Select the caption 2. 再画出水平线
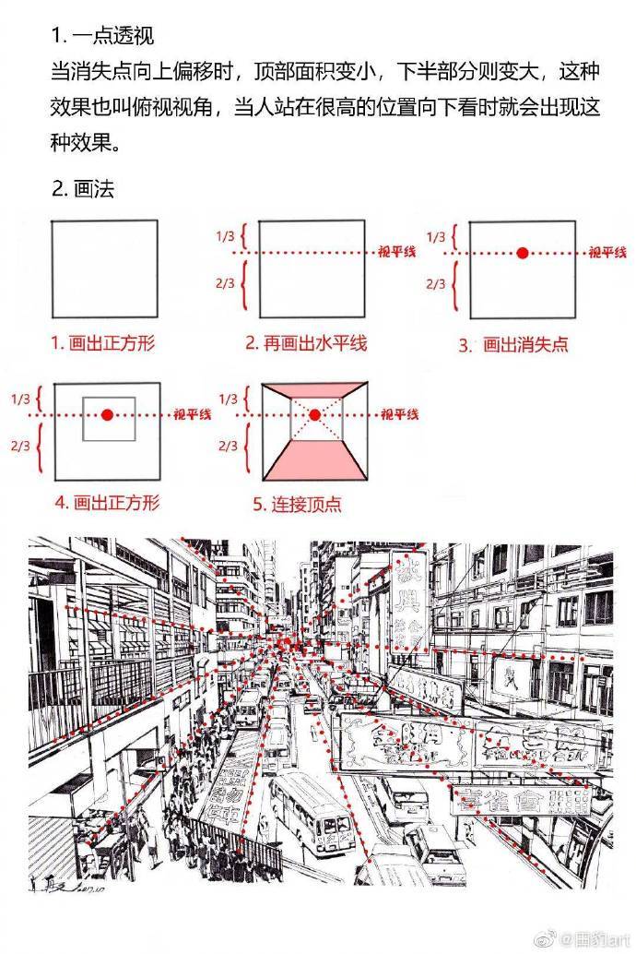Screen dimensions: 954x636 (306, 343)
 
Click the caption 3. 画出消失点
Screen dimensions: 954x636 (513, 345)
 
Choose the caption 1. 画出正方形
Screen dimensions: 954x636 (102, 343)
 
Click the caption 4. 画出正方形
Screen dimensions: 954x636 (107, 503)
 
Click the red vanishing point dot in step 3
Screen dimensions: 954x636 (523, 252)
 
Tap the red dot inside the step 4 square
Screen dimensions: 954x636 (108, 416)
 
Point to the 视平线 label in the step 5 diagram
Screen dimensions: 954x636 (400, 414)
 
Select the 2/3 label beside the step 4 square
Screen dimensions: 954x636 (19, 447)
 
